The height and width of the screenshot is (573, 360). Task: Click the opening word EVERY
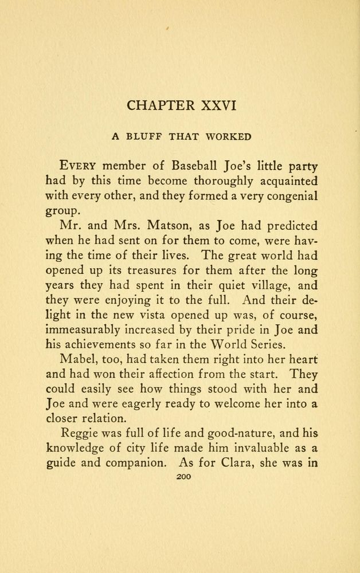pyautogui.click(x=82, y=166)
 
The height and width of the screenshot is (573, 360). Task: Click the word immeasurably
pyautogui.click(x=84, y=330)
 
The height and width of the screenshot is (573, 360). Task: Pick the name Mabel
pyautogui.click(x=77, y=360)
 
